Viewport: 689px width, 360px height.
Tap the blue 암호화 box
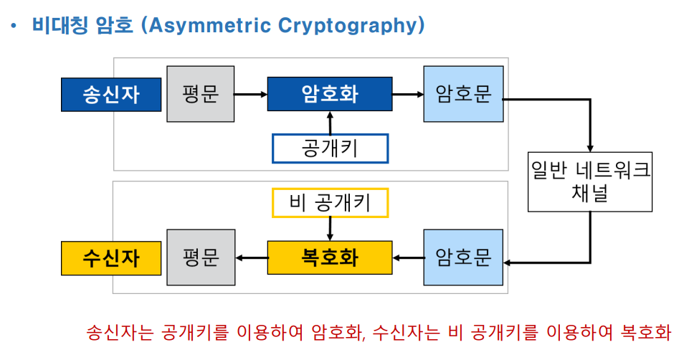(x=330, y=94)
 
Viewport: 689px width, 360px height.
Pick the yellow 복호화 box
(x=330, y=258)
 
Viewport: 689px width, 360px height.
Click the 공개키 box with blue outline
(x=330, y=148)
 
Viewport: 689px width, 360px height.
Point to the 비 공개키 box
(x=330, y=203)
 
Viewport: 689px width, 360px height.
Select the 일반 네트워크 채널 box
(x=590, y=181)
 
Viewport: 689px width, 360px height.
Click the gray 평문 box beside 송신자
(x=200, y=94)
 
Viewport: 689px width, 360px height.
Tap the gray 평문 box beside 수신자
(x=200, y=258)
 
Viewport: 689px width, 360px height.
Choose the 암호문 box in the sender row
(x=462, y=94)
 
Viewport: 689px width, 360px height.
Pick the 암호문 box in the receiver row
(x=462, y=258)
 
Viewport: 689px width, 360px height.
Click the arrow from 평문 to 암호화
(x=250, y=94)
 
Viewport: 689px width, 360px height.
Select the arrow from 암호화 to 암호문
(x=408, y=94)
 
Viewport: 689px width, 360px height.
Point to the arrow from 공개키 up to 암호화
(x=330, y=123)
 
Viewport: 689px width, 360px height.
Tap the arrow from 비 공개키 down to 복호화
(x=330, y=229)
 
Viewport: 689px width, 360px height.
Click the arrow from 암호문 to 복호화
(x=408, y=258)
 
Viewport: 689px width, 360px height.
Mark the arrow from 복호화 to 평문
(x=251, y=258)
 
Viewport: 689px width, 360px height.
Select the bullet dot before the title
(x=12, y=27)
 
